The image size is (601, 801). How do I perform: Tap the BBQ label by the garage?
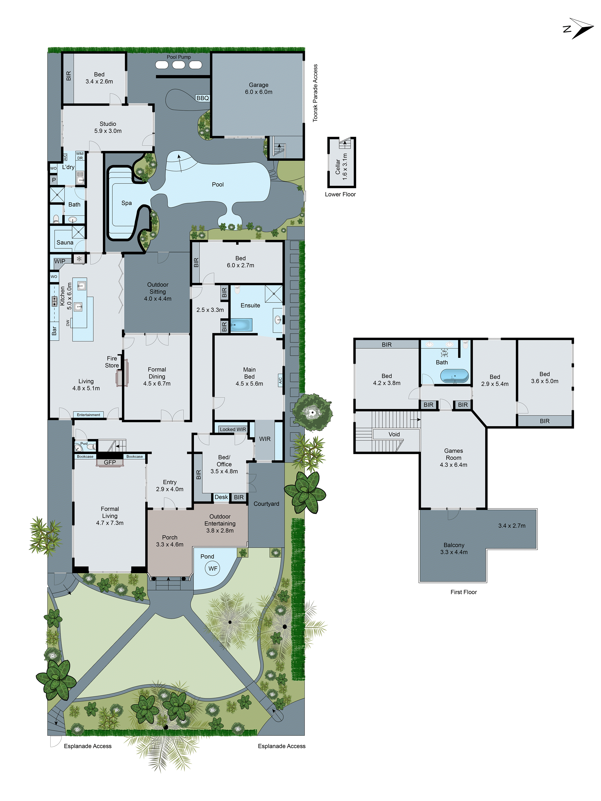click(x=203, y=98)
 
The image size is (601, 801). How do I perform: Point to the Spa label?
click(x=126, y=203)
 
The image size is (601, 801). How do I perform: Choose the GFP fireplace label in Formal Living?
click(x=110, y=462)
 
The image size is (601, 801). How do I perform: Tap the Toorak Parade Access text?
click(x=315, y=93)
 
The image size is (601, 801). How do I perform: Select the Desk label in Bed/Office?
click(x=221, y=497)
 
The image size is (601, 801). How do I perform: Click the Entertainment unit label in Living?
click(x=88, y=415)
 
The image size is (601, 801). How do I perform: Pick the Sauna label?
click(x=65, y=243)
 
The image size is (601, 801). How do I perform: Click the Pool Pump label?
click(x=179, y=57)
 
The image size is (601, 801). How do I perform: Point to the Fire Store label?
click(x=112, y=362)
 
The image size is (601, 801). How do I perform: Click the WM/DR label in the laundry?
click(x=80, y=156)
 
